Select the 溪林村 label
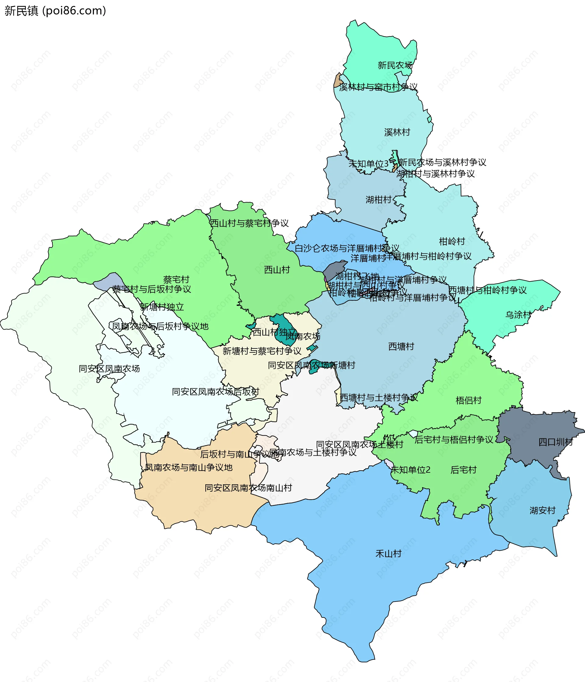[397, 132]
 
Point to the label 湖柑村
[378, 200]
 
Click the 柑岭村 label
[452, 242]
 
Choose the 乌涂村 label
[518, 315]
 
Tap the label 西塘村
[401, 347]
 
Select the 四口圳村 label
[555, 442]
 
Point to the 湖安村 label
[542, 511]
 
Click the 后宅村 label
[463, 470]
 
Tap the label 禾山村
[388, 554]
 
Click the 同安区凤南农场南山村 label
[248, 488]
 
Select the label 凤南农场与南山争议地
[189, 467]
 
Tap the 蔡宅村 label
[176, 279]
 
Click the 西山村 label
[277, 270]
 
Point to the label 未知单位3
[368, 164]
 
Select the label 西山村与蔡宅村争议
[249, 223]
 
